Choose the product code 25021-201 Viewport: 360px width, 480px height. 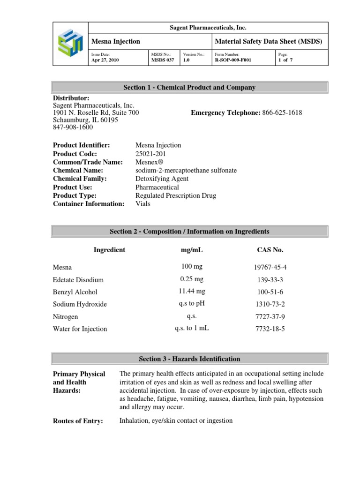pos(150,154)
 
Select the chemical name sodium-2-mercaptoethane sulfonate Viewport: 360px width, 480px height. pos(186,171)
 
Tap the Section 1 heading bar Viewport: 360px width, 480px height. pos(189,88)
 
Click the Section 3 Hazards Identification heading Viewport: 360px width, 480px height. pos(189,359)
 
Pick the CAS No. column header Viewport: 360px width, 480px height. pos(270,250)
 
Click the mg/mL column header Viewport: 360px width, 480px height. pos(192,250)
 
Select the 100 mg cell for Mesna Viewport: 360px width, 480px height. pos(192,267)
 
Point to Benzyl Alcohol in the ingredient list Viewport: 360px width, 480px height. pos(75,292)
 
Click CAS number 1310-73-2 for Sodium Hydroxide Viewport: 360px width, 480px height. pos(270,304)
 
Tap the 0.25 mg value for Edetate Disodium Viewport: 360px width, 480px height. pos(192,279)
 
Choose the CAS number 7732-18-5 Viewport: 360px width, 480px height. pos(270,329)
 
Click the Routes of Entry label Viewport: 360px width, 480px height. pos(78,421)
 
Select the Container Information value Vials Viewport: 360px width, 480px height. pos(143,204)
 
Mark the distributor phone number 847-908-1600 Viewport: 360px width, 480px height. pos(73,127)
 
